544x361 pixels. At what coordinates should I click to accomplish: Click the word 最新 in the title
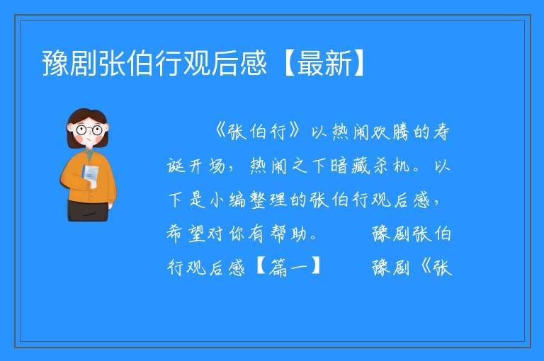tap(324, 63)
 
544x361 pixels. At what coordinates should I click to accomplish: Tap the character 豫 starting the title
tap(55, 63)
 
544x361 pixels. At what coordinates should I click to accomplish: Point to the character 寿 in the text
tap(441, 132)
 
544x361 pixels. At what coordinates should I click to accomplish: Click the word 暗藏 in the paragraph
tap(351, 166)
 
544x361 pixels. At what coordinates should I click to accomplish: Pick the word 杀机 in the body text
tap(391, 166)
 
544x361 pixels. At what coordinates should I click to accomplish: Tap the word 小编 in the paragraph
tap(228, 200)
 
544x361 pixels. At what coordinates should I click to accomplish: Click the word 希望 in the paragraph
tap(186, 234)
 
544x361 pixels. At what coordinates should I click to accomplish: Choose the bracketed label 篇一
tap(288, 268)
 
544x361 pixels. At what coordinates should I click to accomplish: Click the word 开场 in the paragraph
tap(207, 166)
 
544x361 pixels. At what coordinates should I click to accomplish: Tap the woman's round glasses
tap(89, 130)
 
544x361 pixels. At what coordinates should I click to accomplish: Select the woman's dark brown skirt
tap(88, 210)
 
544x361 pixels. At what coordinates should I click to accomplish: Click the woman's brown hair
tap(86, 117)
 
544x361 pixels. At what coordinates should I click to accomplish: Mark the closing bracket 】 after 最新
tap(359, 63)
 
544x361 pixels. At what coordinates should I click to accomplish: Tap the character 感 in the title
tap(254, 63)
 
